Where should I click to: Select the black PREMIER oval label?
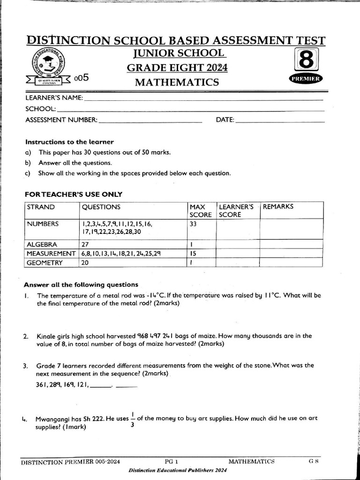pos(306,79)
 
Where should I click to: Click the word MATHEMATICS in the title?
pos(177,83)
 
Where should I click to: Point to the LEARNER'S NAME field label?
pos(54,98)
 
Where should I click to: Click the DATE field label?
pos(225,120)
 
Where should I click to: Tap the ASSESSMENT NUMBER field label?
pos(61,120)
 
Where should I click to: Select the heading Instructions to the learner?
pos(69,142)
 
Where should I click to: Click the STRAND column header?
pos(41,207)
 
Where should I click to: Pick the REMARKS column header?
pos(278,207)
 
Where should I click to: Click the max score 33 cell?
pos(194,224)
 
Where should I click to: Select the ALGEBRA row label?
pos(42,244)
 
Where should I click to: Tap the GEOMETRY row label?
pos(45,263)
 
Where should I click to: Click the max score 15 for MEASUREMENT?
pos(193,254)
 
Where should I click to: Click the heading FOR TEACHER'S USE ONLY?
pos(73,194)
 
